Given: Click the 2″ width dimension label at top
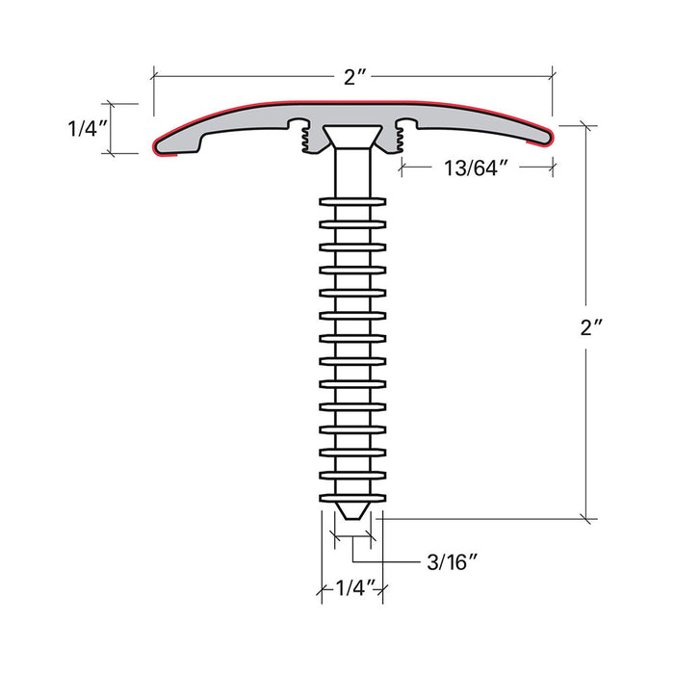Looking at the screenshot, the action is click(354, 77).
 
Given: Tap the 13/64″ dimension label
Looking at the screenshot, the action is click(476, 168).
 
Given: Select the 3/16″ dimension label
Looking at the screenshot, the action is click(453, 561).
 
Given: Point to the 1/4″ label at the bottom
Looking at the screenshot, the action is click(355, 588).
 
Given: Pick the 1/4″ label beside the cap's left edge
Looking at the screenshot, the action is click(88, 128).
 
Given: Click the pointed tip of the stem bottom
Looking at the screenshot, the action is click(352, 517).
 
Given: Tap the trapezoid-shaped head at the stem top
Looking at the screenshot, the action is click(352, 137).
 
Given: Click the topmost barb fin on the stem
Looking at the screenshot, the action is click(352, 201).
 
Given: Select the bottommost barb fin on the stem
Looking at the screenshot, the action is click(352, 498).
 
